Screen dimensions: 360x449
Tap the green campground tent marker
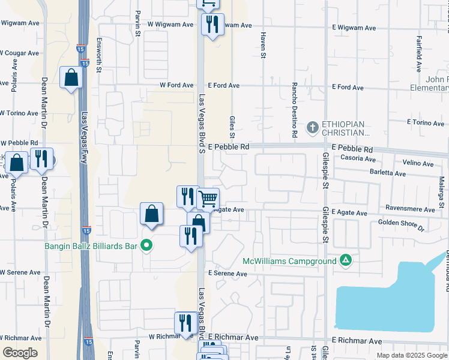coord(345,260)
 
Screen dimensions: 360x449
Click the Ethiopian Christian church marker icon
coord(312,127)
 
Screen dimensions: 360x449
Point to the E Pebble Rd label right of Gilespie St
coord(352,149)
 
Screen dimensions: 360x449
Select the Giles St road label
coord(232,127)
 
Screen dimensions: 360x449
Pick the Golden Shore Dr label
coord(401,225)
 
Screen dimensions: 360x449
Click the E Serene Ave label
coord(228,274)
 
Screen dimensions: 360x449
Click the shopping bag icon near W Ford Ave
coord(71,77)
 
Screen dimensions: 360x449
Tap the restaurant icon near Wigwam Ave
coord(212,25)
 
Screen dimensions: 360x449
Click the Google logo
coord(20,353)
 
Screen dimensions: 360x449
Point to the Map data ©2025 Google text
coord(411,355)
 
